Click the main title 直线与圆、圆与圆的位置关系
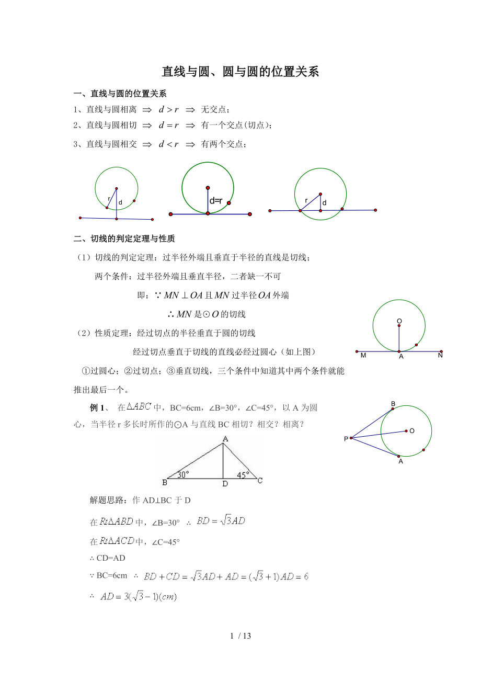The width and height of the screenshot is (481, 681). (241, 72)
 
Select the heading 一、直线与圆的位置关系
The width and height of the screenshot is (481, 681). (120, 94)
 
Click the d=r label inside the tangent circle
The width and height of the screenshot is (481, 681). (216, 201)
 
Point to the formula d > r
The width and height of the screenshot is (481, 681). (169, 109)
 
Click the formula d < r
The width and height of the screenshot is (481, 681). (169, 144)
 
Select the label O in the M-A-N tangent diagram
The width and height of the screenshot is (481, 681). (399, 321)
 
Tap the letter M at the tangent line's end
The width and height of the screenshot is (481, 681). (363, 356)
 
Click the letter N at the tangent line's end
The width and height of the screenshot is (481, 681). (440, 356)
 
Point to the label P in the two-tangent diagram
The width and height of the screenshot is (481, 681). (346, 439)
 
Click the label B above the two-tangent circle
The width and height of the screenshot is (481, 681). (393, 403)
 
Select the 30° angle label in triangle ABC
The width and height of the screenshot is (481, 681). (182, 475)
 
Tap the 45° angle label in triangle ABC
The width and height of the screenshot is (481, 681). (243, 475)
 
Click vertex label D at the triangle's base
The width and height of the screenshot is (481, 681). (225, 484)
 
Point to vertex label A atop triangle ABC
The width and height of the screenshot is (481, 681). (225, 439)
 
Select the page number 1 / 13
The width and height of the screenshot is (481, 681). (241, 636)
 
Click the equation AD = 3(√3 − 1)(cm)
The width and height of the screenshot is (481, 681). (139, 596)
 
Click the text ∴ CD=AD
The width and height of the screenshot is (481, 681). (108, 559)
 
